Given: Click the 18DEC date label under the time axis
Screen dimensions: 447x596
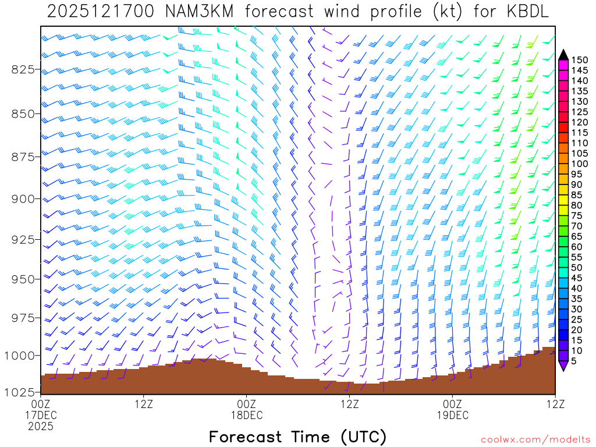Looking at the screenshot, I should (x=247, y=415).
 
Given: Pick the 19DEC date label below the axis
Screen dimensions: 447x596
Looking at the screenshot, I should (x=453, y=415).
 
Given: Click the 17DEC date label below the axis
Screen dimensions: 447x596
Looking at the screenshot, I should (x=41, y=415).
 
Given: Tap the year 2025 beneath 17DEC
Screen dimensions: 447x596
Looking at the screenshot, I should (x=41, y=427).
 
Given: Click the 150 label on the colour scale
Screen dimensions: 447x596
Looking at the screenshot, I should (x=580, y=60).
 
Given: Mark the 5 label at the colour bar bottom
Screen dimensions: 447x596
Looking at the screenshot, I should (x=574, y=362).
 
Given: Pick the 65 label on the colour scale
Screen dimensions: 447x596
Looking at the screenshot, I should (x=577, y=236).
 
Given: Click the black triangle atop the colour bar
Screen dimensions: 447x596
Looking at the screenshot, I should (x=563, y=55).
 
